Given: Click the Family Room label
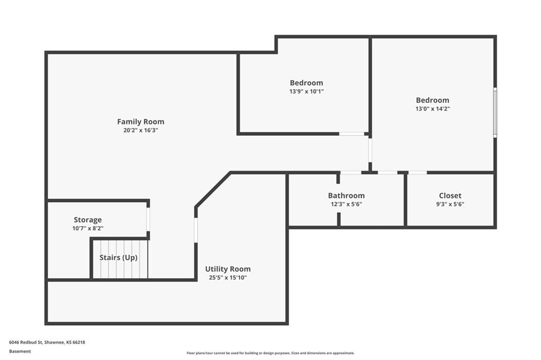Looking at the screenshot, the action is click(x=141, y=121).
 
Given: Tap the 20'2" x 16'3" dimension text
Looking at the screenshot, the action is click(x=141, y=130).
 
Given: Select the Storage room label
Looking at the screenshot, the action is click(x=88, y=220).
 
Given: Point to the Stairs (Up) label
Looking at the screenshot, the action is click(x=118, y=258).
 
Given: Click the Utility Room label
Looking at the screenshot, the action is click(x=228, y=269).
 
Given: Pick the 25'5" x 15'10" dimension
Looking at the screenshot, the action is click(x=228, y=278).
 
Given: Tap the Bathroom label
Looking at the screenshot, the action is click(x=346, y=195).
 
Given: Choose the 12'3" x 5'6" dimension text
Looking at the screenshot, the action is click(x=346, y=204).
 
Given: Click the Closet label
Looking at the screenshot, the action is click(x=450, y=195).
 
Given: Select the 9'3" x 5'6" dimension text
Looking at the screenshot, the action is click(x=450, y=204).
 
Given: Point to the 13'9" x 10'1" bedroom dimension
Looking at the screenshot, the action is click(x=306, y=91).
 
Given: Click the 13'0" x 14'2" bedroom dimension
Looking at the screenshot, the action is click(x=432, y=109).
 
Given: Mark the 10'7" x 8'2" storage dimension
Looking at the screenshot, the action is click(x=88, y=228).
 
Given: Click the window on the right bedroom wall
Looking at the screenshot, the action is click(x=495, y=112).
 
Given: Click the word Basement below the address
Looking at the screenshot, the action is click(x=20, y=352).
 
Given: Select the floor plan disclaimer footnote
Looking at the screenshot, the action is click(x=270, y=353).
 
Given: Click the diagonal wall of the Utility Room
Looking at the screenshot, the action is click(x=213, y=190).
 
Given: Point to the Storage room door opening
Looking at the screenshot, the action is click(x=148, y=219).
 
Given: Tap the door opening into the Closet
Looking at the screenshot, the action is click(x=417, y=173).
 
